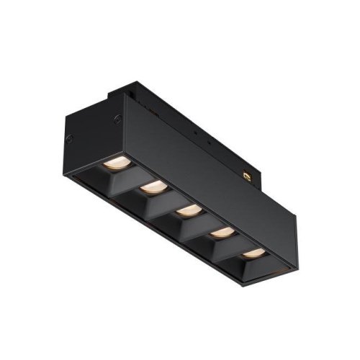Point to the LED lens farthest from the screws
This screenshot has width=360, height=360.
pos(252,252)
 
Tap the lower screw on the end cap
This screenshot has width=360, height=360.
pos(70,138)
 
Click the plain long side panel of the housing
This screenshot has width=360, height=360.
pos(209,158)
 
